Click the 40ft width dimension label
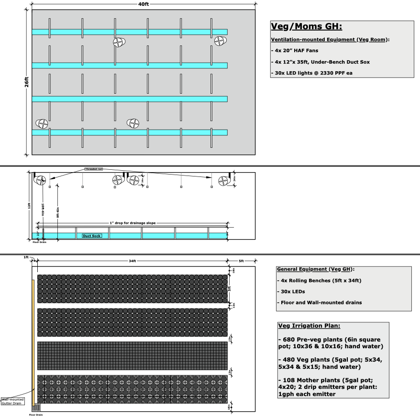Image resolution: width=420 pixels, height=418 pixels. [143, 4]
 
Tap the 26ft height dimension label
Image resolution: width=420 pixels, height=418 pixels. [27, 82]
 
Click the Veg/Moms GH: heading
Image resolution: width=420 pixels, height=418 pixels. [307, 26]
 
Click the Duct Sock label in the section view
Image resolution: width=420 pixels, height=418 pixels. [92, 236]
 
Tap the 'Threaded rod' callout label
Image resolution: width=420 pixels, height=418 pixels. [94, 169]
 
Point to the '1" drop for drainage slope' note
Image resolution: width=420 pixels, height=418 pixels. [132, 223]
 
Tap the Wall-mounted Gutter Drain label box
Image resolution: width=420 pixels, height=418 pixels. [14, 401]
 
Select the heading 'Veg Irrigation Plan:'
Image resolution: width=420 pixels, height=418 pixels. [309, 326]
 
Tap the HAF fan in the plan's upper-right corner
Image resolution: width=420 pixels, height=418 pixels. [220, 42]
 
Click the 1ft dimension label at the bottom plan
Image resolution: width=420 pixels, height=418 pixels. [26, 257]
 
